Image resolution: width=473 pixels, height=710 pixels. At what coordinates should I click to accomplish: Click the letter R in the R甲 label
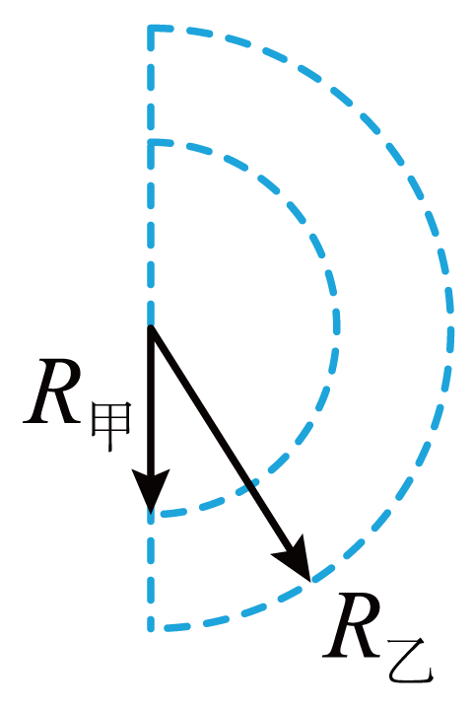[52, 392]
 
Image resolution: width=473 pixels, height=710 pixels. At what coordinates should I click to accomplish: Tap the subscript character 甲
[111, 426]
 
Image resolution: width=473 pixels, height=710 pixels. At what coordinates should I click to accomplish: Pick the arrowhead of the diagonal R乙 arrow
[295, 560]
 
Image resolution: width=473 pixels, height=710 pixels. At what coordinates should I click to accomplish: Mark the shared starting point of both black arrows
[151, 327]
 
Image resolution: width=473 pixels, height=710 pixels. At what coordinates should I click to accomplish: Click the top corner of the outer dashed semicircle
[151, 29]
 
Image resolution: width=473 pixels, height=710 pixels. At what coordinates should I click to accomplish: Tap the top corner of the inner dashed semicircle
[151, 144]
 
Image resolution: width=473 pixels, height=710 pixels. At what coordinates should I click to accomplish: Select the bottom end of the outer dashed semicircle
[151, 628]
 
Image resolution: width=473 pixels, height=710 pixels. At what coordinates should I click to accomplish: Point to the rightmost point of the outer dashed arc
[451, 327]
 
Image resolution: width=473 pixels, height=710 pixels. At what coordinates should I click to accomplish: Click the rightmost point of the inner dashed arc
[337, 327]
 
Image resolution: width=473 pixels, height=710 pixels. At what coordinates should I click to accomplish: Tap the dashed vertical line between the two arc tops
[151, 86]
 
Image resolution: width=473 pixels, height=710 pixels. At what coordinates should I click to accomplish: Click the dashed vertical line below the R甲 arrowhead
[151, 571]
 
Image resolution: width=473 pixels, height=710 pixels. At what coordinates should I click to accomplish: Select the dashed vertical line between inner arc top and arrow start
[151, 236]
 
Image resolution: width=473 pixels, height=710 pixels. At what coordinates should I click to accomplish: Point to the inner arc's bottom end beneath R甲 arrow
[151, 515]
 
